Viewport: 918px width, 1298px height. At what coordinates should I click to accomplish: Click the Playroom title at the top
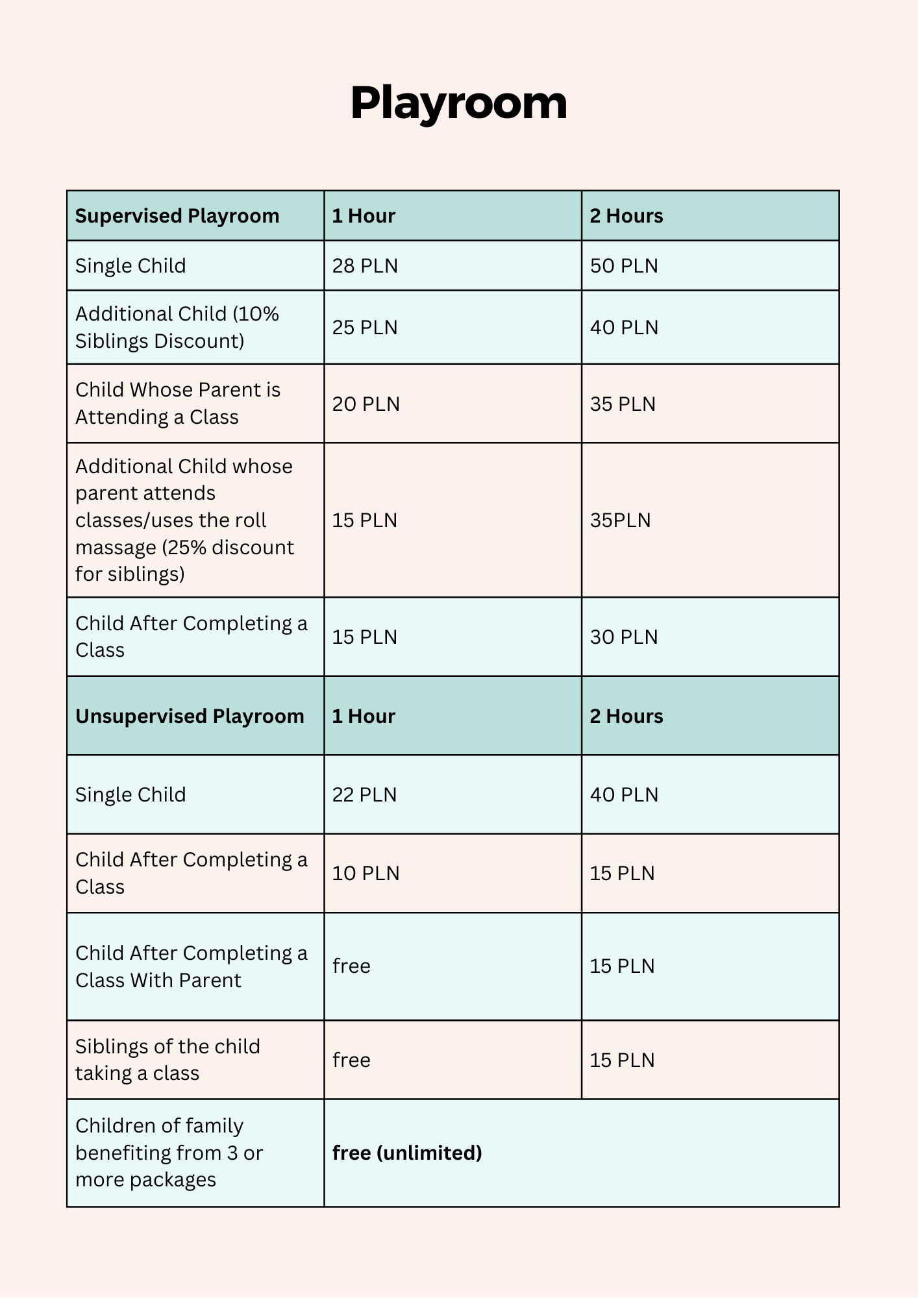pyautogui.click(x=458, y=103)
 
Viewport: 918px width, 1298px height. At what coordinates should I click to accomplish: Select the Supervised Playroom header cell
pyautogui.click(x=177, y=216)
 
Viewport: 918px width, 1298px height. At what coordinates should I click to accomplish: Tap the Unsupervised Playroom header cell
pyautogui.click(x=190, y=716)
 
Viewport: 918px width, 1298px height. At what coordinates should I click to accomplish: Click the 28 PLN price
pyautogui.click(x=365, y=266)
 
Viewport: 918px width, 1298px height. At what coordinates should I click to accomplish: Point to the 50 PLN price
pyautogui.click(x=623, y=266)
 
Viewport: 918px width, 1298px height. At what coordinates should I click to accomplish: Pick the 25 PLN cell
pyautogui.click(x=365, y=328)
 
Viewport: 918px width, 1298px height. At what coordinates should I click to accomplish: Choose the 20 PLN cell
pyautogui.click(x=366, y=404)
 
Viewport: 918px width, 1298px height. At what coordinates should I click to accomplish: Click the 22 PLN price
pyautogui.click(x=364, y=795)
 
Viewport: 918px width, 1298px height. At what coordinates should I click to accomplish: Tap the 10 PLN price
pyautogui.click(x=366, y=874)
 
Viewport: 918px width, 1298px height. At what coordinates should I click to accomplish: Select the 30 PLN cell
pyautogui.click(x=623, y=637)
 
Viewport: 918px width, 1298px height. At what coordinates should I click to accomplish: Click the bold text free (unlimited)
pyautogui.click(x=407, y=1153)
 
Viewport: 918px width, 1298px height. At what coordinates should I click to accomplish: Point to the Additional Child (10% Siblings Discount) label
pyautogui.click(x=177, y=328)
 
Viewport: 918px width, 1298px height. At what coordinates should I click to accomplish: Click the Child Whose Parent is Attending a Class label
pyautogui.click(x=178, y=404)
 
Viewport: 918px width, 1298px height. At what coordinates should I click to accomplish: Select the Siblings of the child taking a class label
pyautogui.click(x=167, y=1060)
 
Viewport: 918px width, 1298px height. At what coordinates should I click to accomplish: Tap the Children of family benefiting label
pyautogui.click(x=169, y=1153)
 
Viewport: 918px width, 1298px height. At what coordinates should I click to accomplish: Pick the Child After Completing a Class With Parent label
pyautogui.click(x=192, y=966)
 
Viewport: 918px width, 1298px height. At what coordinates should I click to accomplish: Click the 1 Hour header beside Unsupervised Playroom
pyautogui.click(x=364, y=716)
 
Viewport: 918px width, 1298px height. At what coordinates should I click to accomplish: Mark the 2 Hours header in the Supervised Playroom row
pyautogui.click(x=626, y=216)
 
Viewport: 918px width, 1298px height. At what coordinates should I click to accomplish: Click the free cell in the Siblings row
pyautogui.click(x=351, y=1060)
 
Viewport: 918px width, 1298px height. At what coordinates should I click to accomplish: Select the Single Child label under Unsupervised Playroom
pyautogui.click(x=130, y=795)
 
